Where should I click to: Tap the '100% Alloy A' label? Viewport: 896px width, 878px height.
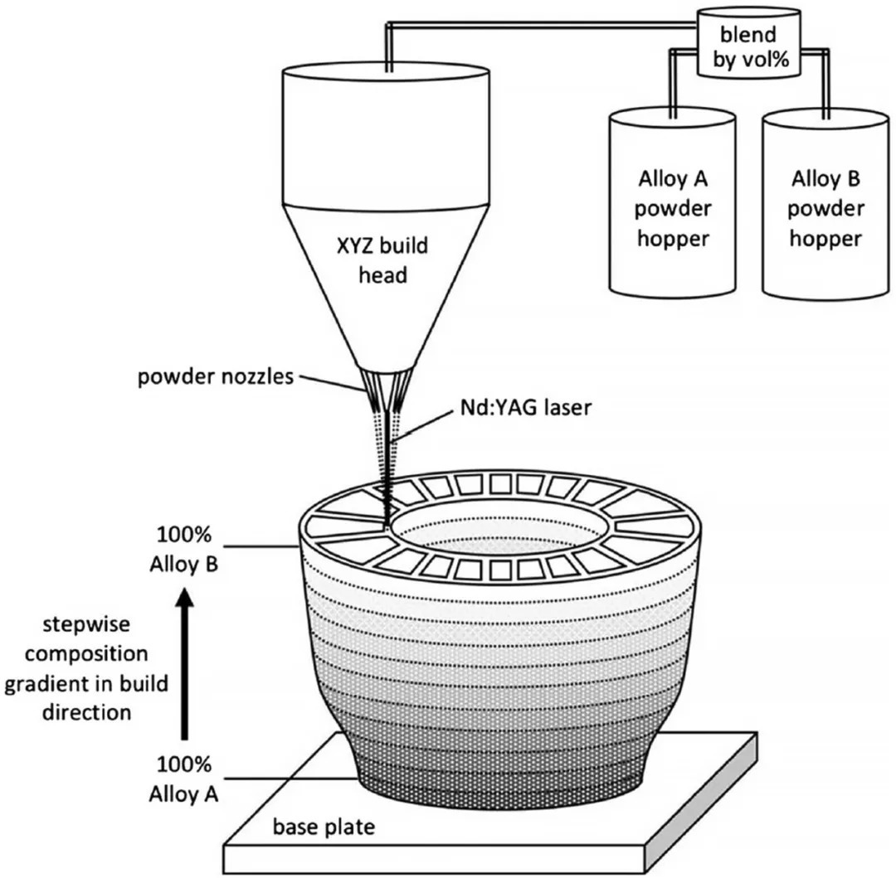(183, 779)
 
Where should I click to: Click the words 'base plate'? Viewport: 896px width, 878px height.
(324, 827)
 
